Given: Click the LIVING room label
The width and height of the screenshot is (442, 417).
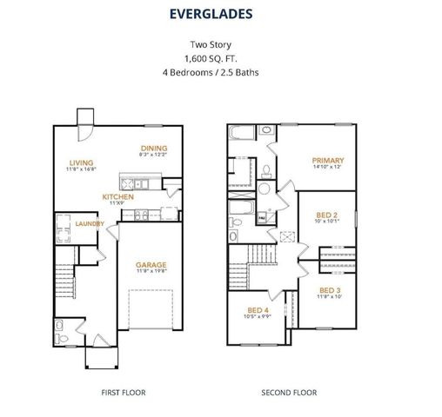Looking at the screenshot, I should pos(83,162).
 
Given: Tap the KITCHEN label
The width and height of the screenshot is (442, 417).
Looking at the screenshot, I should pos(118,197).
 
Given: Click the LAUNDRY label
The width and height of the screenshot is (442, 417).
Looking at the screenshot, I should pos(90,223).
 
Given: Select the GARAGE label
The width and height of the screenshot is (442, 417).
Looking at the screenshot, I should pos(151,264).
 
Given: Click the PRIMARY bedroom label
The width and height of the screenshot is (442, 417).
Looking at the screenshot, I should pos(329,160).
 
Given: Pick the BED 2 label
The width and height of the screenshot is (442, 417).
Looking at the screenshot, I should pos(327,213).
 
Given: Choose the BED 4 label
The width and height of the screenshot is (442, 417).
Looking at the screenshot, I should pos(258,310).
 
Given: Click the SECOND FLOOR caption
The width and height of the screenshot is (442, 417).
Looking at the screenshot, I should pos(290,393).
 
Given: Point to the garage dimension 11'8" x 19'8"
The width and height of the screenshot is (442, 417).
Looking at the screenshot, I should pos(151,272).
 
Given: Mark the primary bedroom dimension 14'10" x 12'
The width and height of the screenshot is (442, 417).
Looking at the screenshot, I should pos(329,168).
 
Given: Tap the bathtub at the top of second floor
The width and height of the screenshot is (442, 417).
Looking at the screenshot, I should pos(243,135).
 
